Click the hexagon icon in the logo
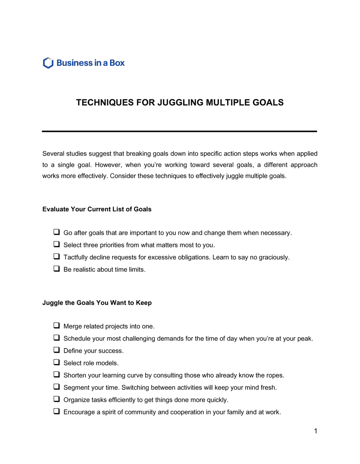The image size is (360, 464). coord(48,63)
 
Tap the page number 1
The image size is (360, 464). coord(315,431)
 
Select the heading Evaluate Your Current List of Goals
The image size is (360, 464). coord(97,209)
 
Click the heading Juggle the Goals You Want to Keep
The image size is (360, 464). coord(97,303)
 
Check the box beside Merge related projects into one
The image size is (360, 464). coord(57,326)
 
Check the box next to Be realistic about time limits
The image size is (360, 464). coord(57,269)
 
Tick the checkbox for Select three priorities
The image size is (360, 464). coord(57,244)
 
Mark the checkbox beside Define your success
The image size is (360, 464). coord(57,350)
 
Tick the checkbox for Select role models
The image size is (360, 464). coord(57,362)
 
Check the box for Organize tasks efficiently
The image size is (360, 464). coord(57,399)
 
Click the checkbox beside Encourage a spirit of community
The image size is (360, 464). coord(57,411)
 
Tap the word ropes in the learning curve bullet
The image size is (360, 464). coord(275,376)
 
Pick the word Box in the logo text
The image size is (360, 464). coord(117,63)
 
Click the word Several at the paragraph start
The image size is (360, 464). coord(53,154)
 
